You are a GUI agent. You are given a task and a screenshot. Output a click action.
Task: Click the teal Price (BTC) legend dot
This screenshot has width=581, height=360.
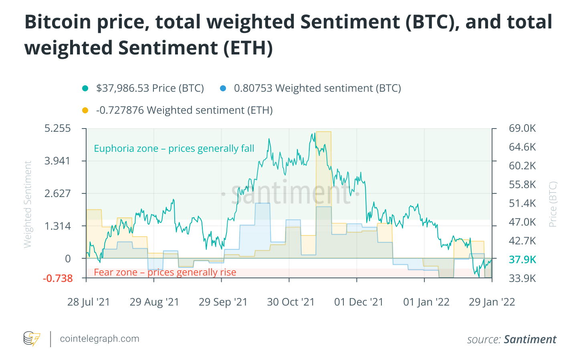click(x=85, y=88)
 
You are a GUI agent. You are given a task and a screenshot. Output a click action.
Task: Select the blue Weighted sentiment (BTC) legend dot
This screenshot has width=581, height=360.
click(x=223, y=88)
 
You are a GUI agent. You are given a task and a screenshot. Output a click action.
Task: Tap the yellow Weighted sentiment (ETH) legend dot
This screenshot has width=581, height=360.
click(x=85, y=111)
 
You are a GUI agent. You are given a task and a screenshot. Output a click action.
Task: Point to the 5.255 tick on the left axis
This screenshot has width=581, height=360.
click(x=58, y=129)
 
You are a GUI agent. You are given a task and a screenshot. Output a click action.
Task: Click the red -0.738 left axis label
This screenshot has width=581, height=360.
click(x=58, y=278)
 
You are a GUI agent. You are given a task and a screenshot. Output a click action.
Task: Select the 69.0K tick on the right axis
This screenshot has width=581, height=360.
click(x=522, y=129)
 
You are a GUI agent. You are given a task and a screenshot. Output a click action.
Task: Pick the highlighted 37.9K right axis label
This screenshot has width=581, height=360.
click(x=522, y=259)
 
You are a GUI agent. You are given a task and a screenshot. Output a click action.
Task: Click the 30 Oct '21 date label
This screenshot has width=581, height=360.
click(x=290, y=302)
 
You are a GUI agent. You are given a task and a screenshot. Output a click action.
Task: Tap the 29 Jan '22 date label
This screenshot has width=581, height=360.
click(x=492, y=302)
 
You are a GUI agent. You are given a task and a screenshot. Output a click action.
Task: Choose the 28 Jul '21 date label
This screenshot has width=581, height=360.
click(x=89, y=302)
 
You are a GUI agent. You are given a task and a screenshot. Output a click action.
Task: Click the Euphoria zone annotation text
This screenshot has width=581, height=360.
click(x=174, y=149)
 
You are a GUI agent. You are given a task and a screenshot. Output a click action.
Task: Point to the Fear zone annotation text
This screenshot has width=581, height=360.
click(x=165, y=272)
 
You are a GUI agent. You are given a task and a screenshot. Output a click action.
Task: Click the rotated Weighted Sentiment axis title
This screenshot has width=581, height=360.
click(x=28, y=204)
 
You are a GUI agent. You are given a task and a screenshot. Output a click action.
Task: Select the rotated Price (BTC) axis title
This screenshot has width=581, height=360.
click(x=553, y=204)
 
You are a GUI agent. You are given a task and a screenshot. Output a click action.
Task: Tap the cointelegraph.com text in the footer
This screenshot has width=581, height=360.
click(x=99, y=339)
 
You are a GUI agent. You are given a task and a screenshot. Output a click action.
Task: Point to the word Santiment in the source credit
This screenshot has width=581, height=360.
click(x=530, y=340)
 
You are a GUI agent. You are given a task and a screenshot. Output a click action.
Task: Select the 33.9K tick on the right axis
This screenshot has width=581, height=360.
click(x=522, y=278)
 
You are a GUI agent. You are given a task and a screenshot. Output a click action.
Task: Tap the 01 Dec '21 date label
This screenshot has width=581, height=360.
click(x=359, y=302)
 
